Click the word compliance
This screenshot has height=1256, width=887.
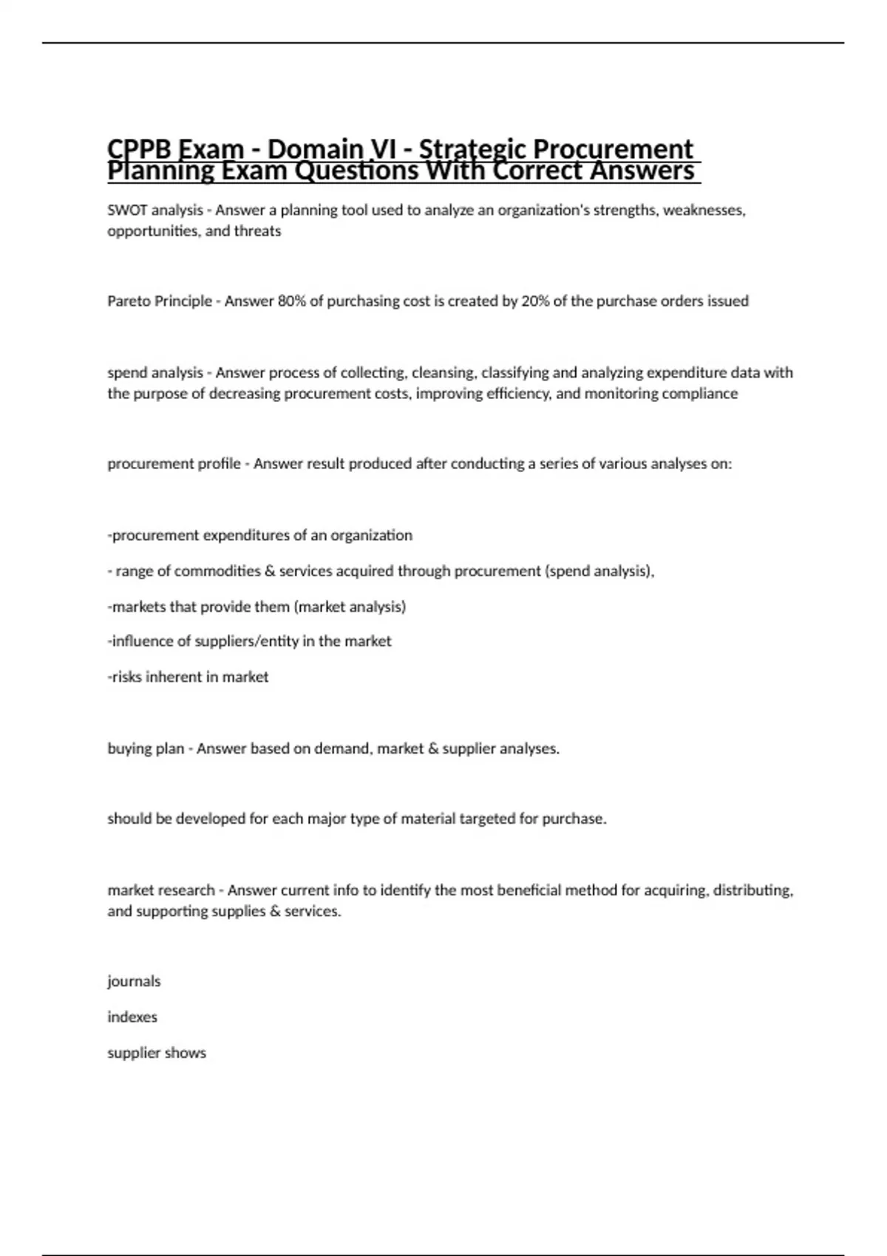click(x=699, y=393)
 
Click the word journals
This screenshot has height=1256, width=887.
click(x=134, y=981)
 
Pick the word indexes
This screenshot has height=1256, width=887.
click(x=132, y=1017)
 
